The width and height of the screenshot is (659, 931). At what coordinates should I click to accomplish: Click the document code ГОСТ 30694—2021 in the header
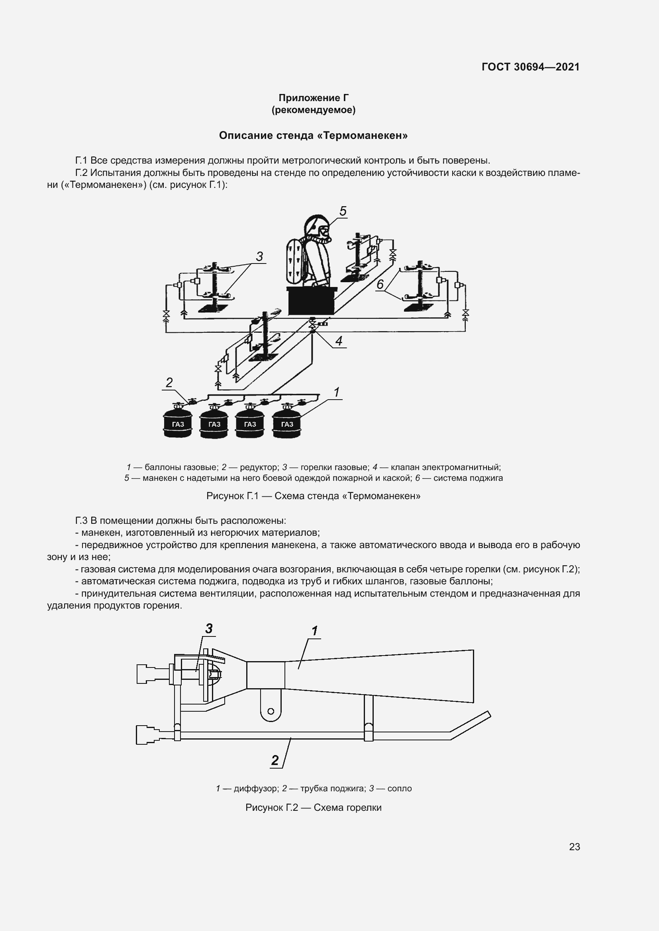coord(530,67)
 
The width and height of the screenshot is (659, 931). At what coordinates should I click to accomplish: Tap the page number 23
coord(574,847)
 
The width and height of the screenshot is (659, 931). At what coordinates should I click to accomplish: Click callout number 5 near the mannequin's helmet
coord(343,211)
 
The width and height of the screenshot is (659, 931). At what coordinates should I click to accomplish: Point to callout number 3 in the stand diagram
coord(259,256)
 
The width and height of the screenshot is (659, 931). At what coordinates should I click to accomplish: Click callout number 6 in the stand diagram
coord(380,284)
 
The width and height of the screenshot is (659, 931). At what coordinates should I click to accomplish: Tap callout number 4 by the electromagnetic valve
coord(339,341)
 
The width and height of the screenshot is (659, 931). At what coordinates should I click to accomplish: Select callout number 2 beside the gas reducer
coord(169,382)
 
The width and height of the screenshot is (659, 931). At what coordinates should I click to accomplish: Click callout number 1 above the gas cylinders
coord(336,392)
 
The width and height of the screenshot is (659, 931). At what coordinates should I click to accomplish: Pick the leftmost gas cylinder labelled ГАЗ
coord(177,424)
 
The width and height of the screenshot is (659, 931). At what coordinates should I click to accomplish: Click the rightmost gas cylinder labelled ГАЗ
coord(287,424)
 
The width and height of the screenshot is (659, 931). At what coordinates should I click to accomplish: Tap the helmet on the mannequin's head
coord(316,225)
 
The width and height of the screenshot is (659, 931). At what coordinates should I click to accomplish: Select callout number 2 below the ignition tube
coord(275,760)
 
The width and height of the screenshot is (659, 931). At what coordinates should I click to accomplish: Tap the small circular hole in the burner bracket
coord(271,711)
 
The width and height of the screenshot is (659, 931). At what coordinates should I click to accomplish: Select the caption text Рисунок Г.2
coord(271,807)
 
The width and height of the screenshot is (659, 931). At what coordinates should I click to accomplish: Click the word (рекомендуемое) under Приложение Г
coord(313,110)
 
